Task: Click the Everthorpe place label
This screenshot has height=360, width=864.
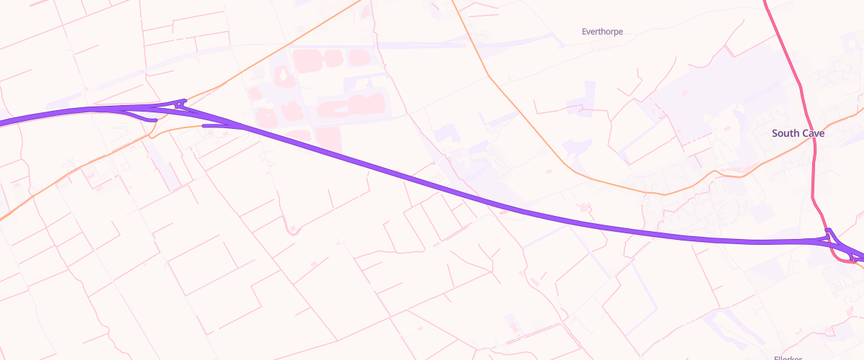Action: coord(602,32)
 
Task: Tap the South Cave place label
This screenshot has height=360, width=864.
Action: coord(798,133)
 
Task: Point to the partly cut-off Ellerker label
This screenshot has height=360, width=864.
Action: coord(788,357)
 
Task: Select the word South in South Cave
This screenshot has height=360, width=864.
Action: coord(785,133)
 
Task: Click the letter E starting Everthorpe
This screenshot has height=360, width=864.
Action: coord(584,32)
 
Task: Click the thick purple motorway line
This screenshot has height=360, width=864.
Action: coord(432,184)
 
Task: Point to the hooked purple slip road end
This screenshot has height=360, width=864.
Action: coord(153,120)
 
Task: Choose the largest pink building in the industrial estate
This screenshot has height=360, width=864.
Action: coord(351,107)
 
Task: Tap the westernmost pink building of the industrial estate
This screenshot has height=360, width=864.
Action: coord(254,94)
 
